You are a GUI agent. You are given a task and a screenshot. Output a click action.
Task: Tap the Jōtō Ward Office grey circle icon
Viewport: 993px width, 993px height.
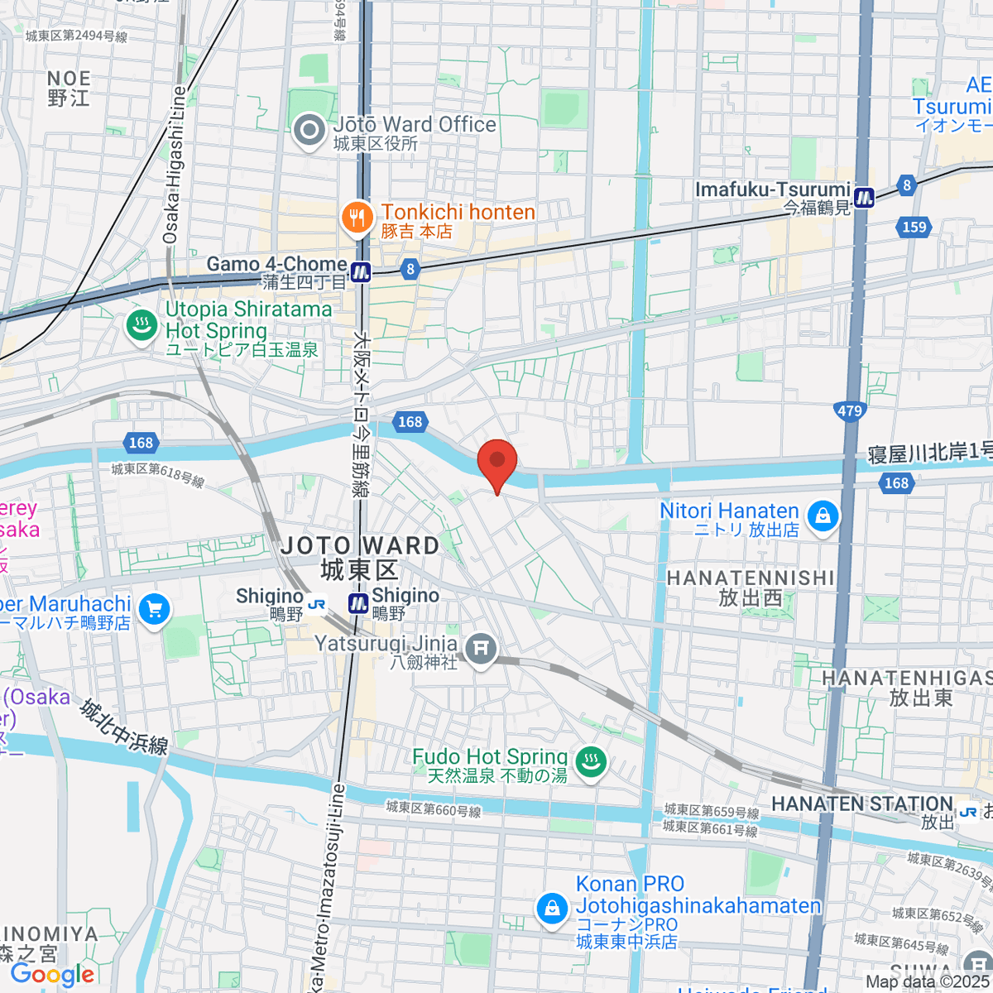[x=310, y=131]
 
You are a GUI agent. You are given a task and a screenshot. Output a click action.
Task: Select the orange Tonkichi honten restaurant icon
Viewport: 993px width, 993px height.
[x=357, y=218]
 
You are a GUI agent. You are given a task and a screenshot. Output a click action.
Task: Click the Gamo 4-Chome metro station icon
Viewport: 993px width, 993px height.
[x=360, y=271]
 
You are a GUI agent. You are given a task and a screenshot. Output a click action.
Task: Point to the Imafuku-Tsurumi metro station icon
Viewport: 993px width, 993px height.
[x=864, y=197]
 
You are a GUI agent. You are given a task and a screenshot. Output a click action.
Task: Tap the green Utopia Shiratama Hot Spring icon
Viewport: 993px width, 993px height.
[x=142, y=324]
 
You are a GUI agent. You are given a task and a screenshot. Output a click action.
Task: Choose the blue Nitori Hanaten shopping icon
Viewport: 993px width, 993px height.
[x=823, y=517]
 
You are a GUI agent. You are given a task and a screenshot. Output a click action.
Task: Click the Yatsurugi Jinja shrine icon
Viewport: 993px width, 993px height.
[x=481, y=650]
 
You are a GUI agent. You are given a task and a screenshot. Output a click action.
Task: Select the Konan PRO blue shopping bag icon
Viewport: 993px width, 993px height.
[x=552, y=909]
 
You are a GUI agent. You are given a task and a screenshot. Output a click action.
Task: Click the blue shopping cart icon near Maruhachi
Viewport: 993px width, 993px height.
[x=154, y=611]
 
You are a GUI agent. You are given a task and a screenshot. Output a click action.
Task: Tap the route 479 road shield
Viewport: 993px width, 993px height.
[x=849, y=410]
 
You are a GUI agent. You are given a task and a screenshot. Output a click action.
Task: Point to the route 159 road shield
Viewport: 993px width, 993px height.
[x=914, y=227]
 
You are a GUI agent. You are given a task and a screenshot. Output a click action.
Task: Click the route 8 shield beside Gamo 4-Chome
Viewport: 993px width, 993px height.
[x=410, y=269]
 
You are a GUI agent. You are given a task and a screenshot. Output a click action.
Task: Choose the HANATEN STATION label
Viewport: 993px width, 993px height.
[x=862, y=804]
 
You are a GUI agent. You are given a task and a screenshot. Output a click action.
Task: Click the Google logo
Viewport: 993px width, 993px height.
[x=53, y=975]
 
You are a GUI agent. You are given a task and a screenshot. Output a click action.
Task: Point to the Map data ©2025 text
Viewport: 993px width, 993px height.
[x=926, y=982]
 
